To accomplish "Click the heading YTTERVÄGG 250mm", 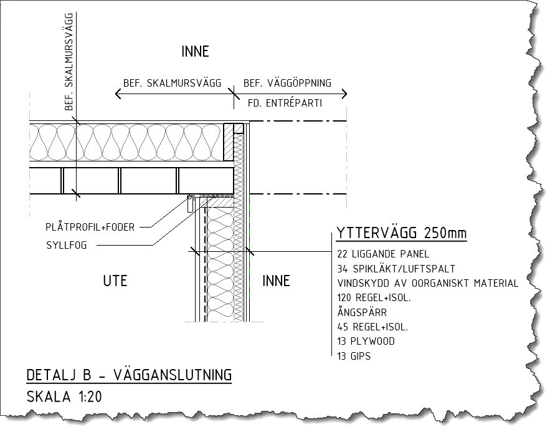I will point(401,234).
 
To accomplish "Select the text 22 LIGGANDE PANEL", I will point(382,254).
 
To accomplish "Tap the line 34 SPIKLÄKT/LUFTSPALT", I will point(396,269).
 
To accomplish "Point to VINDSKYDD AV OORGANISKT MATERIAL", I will point(427,283).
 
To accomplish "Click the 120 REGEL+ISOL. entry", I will point(373,298).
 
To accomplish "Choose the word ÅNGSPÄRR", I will point(361,312).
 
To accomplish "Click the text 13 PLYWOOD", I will point(365,341).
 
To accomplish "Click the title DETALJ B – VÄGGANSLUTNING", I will point(129,375).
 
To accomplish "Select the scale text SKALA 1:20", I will point(64,396).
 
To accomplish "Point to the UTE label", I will point(115,281).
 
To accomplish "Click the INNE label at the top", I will point(195,52).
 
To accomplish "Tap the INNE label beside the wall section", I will point(276,281).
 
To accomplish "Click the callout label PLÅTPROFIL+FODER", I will point(90,227).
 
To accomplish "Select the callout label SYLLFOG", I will point(67,245).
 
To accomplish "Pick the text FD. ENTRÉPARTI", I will point(284,103).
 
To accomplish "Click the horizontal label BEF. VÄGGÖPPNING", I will point(287,84).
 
